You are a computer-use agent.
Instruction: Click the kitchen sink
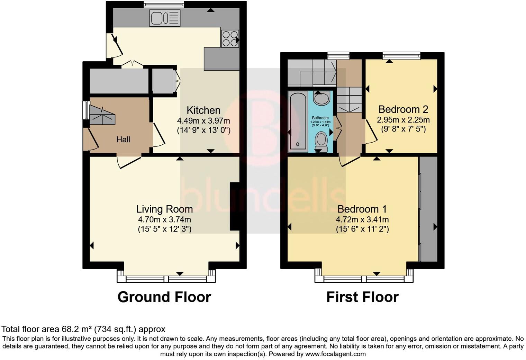(x=165, y=18)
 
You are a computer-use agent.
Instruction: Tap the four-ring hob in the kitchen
(x=230, y=38)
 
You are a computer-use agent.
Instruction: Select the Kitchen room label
(x=203, y=110)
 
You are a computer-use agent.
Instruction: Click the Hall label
(x=123, y=139)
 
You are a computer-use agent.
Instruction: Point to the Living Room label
(x=164, y=209)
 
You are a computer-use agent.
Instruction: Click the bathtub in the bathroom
(x=298, y=121)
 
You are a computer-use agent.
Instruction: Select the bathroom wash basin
(x=322, y=98)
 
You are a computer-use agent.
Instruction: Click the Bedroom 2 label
(x=403, y=109)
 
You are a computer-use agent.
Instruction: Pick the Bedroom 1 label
(x=362, y=209)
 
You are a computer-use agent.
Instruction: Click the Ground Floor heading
(x=164, y=297)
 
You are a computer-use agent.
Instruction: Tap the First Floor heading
(x=362, y=297)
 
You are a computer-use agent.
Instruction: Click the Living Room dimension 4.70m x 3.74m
(x=164, y=219)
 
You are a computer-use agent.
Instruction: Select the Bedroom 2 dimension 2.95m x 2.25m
(x=403, y=120)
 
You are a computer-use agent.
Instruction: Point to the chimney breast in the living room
(x=235, y=206)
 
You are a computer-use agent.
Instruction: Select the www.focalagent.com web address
(x=335, y=354)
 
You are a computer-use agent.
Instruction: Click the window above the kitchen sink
(x=164, y=4)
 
